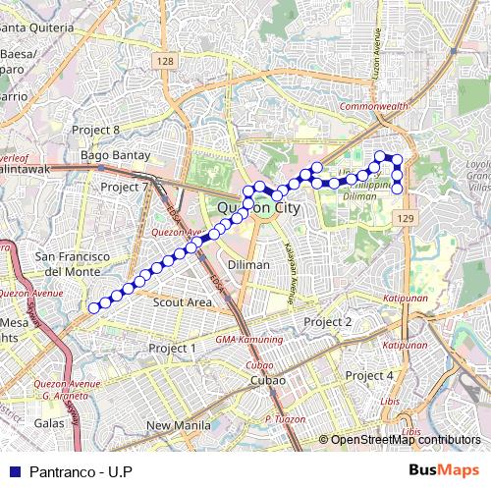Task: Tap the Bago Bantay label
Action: coord(116,155)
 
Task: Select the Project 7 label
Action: coord(124,187)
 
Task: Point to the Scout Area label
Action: coord(183,302)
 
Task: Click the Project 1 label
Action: coord(172,349)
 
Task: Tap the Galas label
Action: coord(49,423)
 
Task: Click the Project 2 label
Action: coord(328,322)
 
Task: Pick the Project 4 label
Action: coord(369,376)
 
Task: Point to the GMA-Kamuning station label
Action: coord(247,339)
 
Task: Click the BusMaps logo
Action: coord(443,470)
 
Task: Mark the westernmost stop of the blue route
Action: coord(94,308)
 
